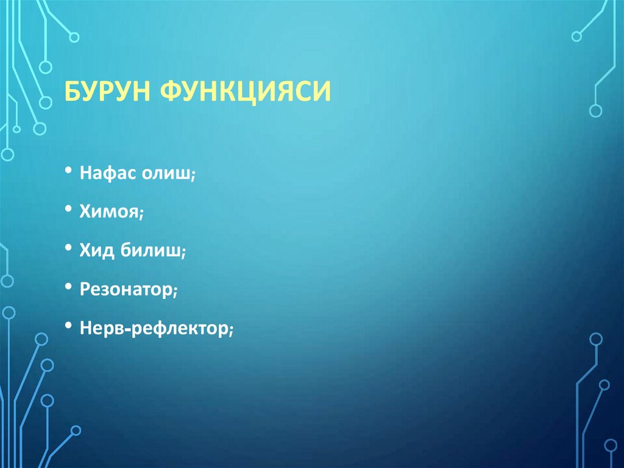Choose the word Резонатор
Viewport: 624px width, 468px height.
tap(126, 289)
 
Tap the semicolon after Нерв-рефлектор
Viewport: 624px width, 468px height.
tap(232, 330)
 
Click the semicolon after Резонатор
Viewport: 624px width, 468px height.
tap(175, 292)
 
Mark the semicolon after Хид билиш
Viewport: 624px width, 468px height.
tap(183, 253)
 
